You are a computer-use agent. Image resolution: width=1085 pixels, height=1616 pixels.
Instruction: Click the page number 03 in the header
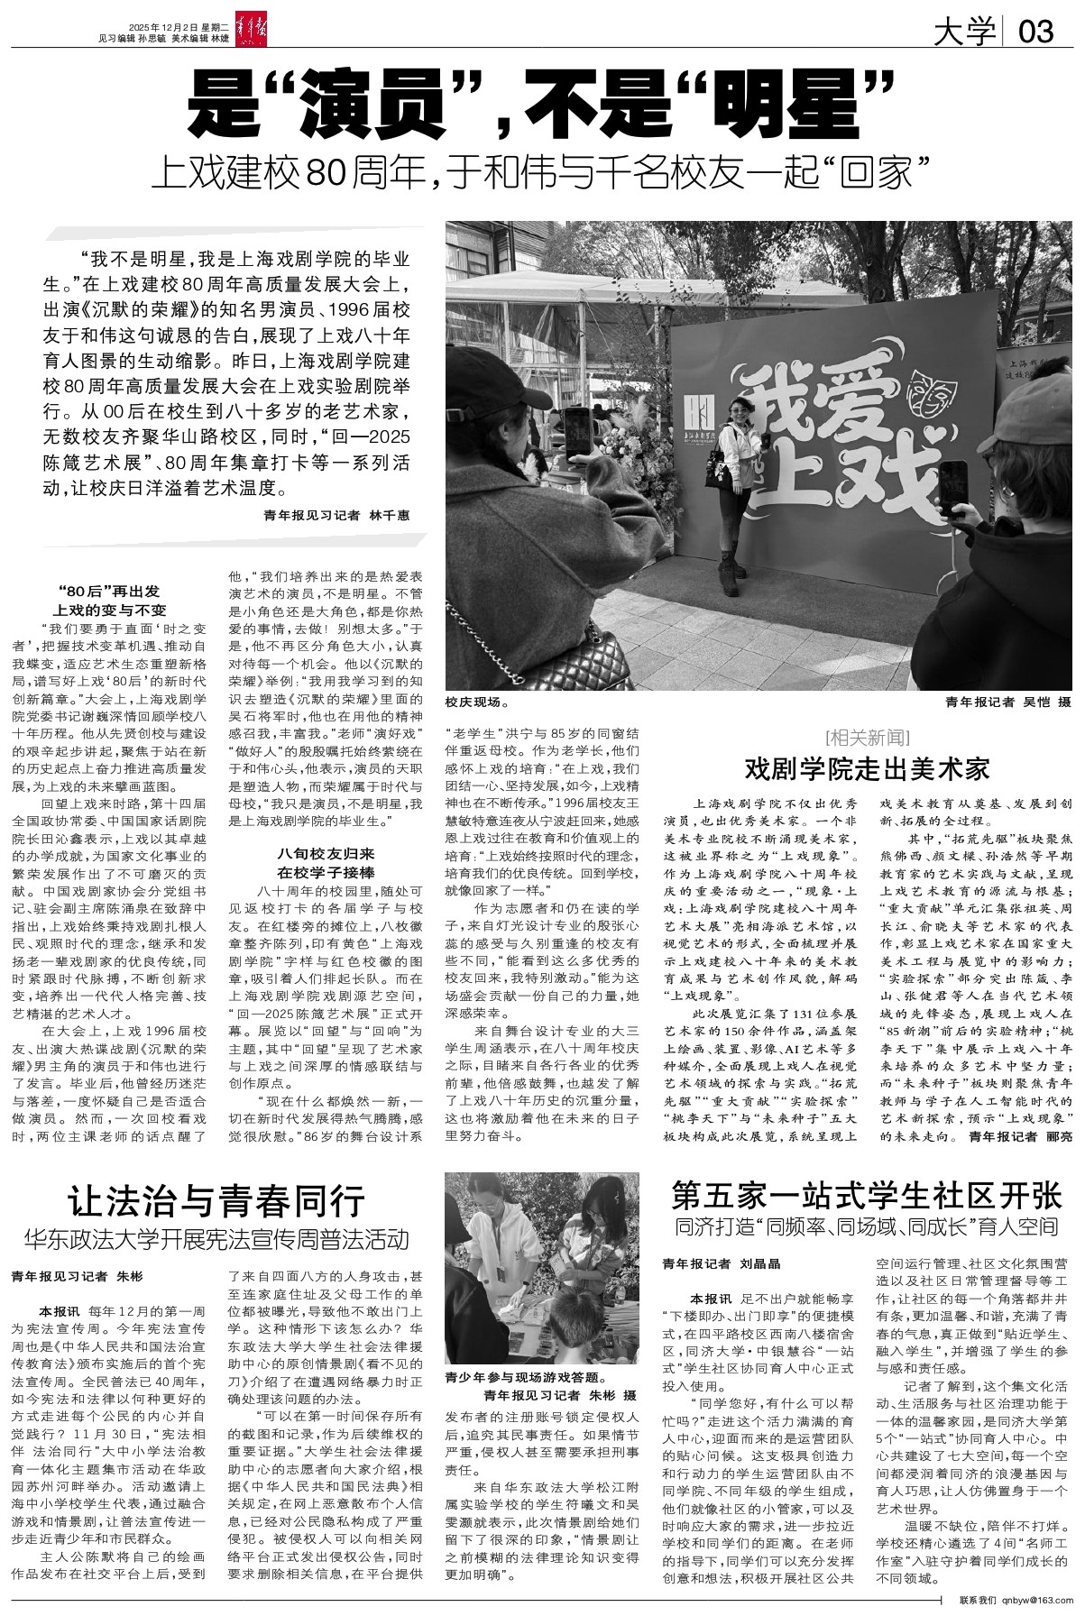[x=1035, y=33]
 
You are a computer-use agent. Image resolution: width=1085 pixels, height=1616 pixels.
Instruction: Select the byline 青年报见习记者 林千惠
[x=336, y=515]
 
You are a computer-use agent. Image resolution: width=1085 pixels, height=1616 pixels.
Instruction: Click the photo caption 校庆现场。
[x=476, y=700]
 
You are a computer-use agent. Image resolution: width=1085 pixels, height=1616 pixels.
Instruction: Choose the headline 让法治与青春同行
[x=217, y=1201]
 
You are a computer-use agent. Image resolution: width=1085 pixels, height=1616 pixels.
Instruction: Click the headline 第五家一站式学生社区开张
[x=866, y=1195]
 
